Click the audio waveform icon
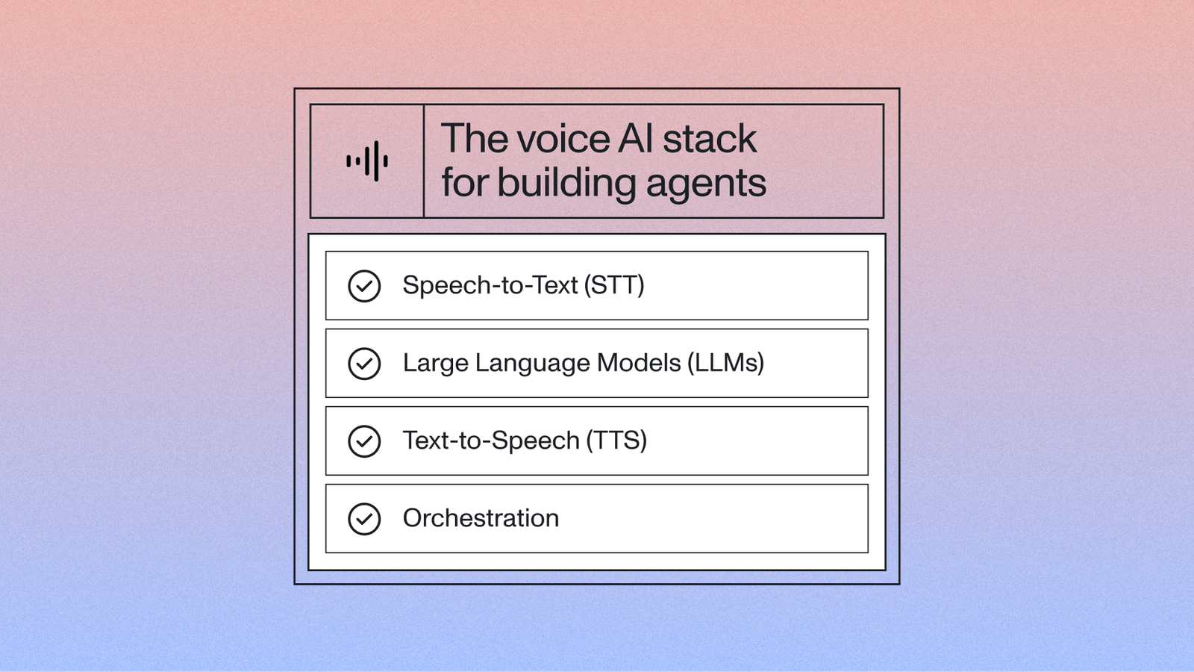[367, 161]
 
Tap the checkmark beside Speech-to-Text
[364, 286]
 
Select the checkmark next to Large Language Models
[364, 364]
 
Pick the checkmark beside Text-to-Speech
[364, 441]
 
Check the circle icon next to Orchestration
[364, 519]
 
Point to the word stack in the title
[709, 140]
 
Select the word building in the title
[566, 183]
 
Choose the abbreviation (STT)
[614, 285]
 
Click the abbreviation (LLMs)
[725, 363]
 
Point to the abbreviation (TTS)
[616, 441]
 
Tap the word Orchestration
[481, 518]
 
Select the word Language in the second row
[532, 364]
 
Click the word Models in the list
[639, 363]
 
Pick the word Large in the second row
[435, 364]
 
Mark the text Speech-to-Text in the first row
[490, 285]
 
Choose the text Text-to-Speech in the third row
[491, 441]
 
